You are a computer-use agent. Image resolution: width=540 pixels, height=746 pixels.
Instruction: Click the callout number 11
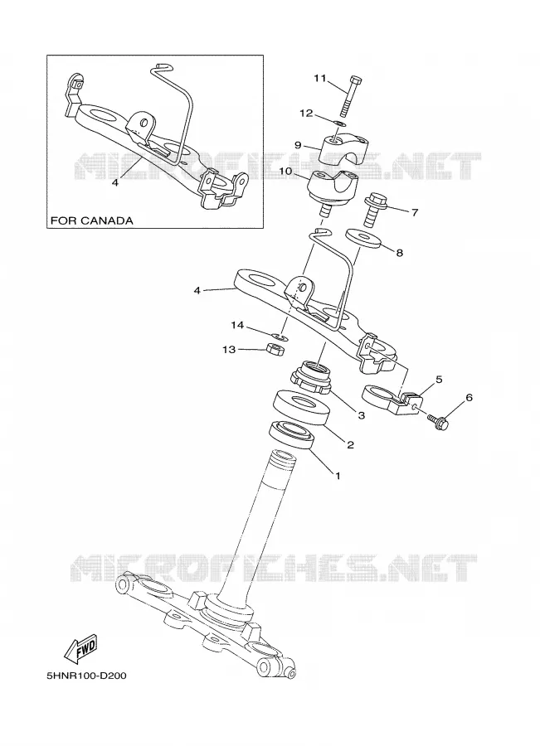click(x=319, y=78)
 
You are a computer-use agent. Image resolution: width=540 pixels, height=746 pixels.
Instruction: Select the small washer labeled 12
click(x=339, y=124)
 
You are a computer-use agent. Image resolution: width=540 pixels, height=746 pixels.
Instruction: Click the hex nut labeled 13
click(x=275, y=349)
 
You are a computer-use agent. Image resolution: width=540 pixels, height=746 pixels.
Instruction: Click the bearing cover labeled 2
click(x=303, y=407)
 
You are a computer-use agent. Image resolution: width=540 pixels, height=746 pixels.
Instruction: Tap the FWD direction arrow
click(x=80, y=649)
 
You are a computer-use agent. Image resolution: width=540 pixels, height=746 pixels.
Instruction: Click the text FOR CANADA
click(x=92, y=220)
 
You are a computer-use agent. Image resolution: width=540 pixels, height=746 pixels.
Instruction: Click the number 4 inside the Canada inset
click(x=115, y=182)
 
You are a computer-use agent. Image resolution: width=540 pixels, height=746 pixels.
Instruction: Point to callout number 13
click(x=229, y=350)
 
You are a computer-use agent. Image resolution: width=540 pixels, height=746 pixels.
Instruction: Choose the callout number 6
click(x=469, y=397)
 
